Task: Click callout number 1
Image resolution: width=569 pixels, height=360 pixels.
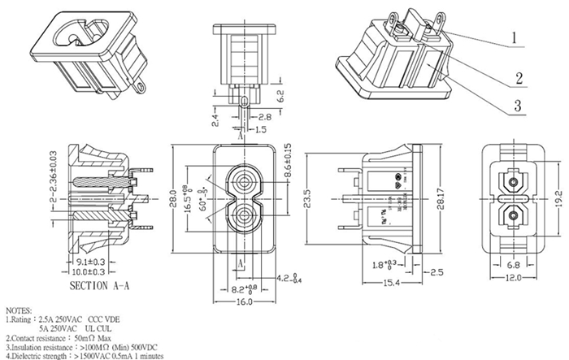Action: click(x=515, y=37)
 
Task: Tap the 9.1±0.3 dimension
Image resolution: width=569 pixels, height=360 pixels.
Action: click(x=92, y=262)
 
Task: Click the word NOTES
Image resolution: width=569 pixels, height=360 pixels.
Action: click(x=21, y=311)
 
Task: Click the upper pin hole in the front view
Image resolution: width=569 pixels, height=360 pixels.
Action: click(x=243, y=180)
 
